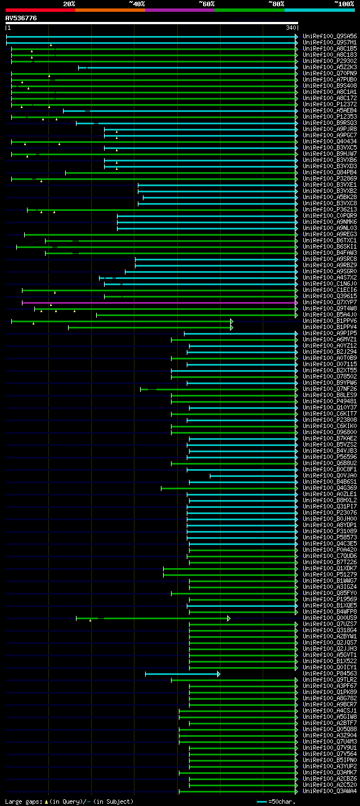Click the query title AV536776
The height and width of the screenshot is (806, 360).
click(21, 19)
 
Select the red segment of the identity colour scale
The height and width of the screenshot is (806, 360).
click(40, 10)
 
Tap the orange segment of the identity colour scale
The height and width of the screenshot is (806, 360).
click(110, 10)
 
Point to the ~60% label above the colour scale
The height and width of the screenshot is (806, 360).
click(206, 4)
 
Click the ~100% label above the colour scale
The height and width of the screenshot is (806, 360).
click(344, 4)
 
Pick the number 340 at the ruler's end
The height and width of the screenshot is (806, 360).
click(291, 28)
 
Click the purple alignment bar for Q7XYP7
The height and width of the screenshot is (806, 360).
click(157, 303)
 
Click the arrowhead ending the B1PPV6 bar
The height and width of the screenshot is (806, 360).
click(231, 321)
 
